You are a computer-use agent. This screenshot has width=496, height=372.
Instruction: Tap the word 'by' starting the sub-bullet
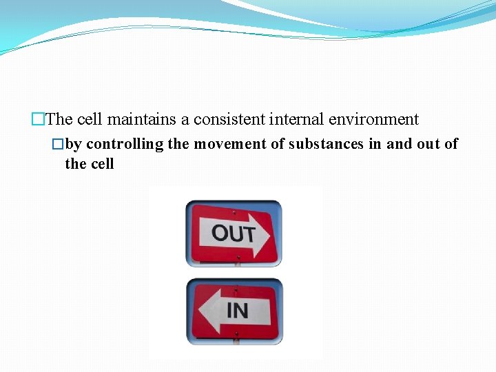74,144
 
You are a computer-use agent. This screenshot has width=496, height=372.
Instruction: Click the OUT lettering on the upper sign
233,234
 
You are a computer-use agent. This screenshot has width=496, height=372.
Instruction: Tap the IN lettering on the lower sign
238,311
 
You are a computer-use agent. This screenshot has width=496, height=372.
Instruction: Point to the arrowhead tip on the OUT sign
269,233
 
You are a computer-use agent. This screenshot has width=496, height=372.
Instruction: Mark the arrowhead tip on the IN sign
198,311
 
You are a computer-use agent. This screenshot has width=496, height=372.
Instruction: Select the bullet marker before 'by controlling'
59,144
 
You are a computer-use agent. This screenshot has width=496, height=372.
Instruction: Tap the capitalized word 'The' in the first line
60,120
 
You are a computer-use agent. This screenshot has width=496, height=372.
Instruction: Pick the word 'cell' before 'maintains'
90,120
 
